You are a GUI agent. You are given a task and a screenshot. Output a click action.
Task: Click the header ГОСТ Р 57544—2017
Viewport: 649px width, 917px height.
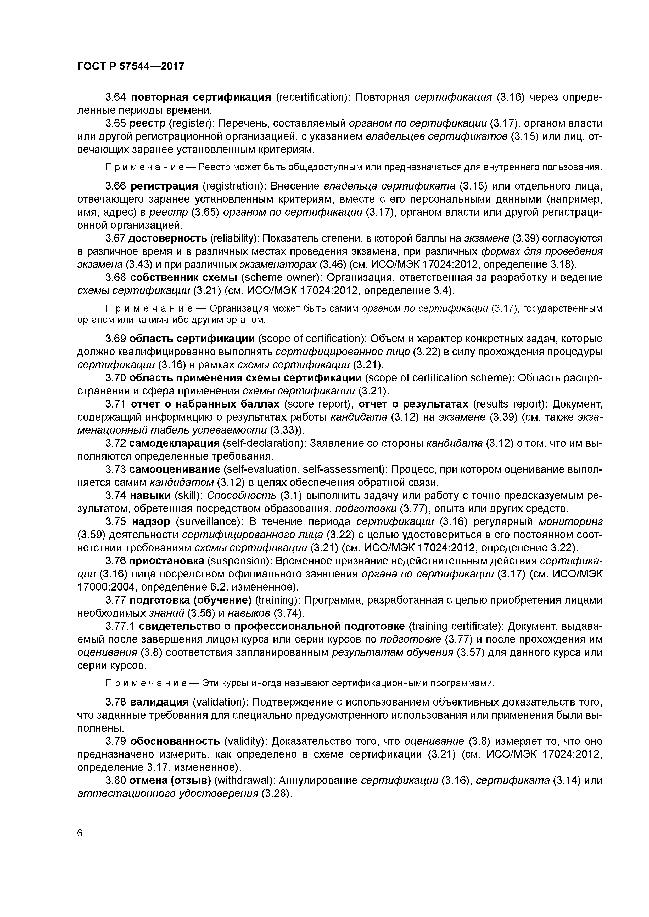pos(131,66)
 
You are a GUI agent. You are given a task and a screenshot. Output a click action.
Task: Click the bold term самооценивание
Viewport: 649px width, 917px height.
pos(175,469)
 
